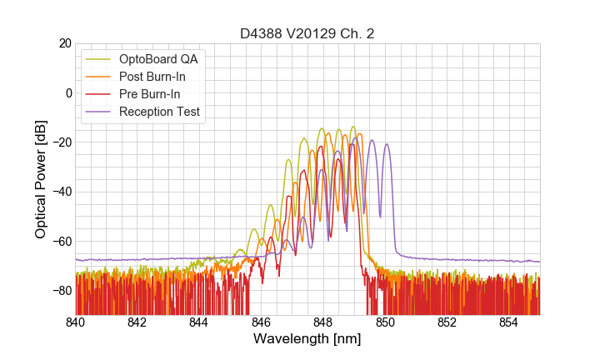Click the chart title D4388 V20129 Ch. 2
307,34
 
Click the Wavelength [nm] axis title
307,339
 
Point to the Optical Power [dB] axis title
41,178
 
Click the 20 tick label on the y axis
65,43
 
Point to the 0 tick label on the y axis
68,92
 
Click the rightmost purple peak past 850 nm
387,144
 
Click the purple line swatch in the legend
99,112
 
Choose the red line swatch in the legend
99,94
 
